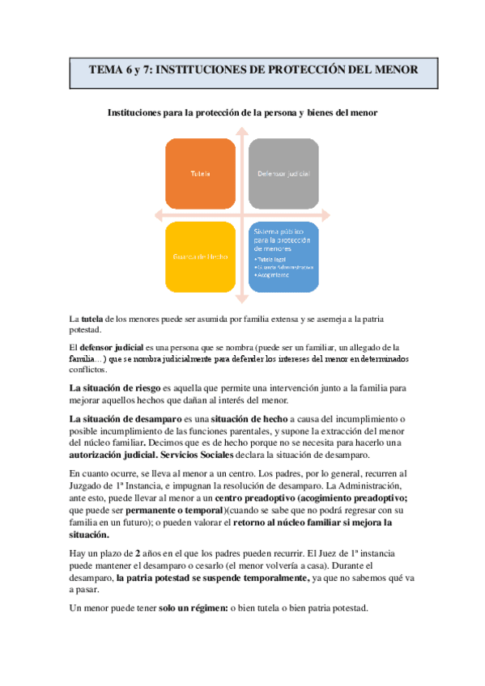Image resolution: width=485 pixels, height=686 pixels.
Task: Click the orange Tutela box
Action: click(x=201, y=174)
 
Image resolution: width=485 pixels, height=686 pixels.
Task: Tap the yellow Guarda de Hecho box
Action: click(x=199, y=256)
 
